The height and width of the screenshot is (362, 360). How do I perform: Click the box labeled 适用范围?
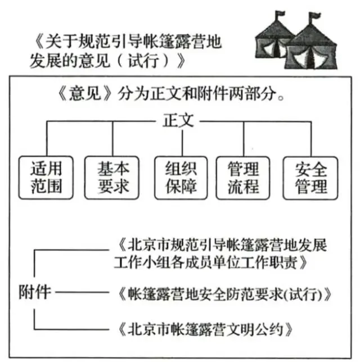[x=46, y=178]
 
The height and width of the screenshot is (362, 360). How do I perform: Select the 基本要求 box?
[x=112, y=178]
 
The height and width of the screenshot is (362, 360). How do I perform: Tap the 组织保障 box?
[x=181, y=178]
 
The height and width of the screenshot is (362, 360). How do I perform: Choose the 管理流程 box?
[x=243, y=178]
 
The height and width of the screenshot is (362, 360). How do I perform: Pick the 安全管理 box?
[x=310, y=178]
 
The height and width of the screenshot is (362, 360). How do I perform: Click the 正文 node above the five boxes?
[x=178, y=120]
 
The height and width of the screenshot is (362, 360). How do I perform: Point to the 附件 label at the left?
[x=35, y=292]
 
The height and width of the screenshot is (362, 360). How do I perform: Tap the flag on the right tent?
[x=314, y=17]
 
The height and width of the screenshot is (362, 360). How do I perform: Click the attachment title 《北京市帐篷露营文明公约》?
[x=205, y=329]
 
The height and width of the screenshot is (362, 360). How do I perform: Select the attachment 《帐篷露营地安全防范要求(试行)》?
[x=224, y=294]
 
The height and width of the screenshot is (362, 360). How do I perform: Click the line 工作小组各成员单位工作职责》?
[x=210, y=263]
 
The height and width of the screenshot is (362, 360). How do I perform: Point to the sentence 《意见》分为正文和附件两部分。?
[x=171, y=93]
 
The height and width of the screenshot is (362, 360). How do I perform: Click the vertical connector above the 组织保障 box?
[x=182, y=143]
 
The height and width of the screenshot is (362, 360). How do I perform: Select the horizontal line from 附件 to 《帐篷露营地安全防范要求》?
[x=82, y=292]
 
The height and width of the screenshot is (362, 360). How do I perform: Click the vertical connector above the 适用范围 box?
[x=47, y=138]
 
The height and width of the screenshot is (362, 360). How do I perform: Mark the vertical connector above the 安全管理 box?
[x=311, y=138]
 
